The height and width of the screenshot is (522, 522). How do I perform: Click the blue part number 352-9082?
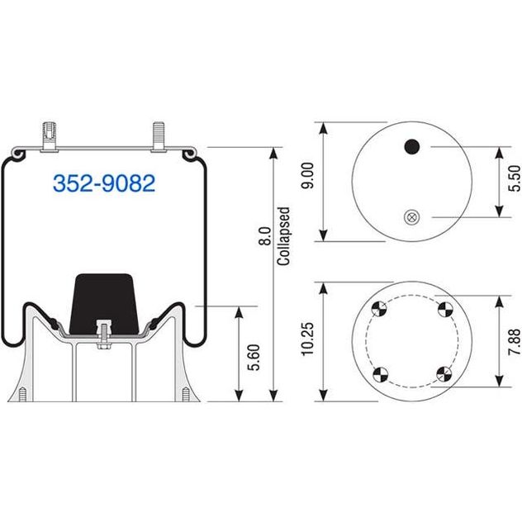[x=104, y=183]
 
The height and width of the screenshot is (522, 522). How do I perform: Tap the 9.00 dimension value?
[x=307, y=176]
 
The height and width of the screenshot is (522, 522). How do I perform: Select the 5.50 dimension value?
[x=515, y=178]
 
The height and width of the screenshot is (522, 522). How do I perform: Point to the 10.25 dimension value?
[x=307, y=339]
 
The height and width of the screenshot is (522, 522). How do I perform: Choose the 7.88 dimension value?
[x=515, y=342]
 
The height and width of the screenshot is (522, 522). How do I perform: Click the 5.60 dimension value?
[x=254, y=358]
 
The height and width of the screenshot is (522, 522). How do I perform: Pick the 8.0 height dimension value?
[x=265, y=236]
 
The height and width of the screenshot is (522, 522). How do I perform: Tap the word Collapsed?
[x=283, y=236]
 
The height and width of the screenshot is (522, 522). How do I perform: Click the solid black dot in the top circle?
[x=412, y=146]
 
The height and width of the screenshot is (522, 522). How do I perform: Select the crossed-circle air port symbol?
[x=412, y=217]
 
